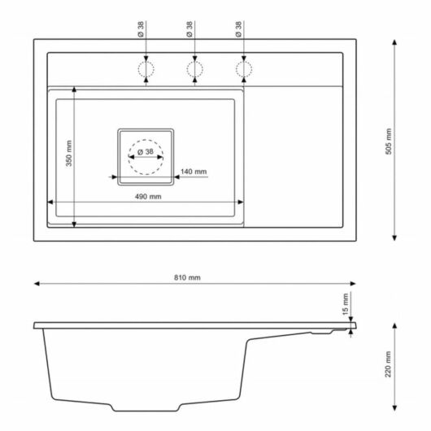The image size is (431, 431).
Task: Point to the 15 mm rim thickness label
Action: point(345,305)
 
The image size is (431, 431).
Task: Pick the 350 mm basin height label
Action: point(69,154)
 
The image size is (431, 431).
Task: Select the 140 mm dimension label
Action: point(194,172)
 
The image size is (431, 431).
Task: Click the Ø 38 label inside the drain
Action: point(146,152)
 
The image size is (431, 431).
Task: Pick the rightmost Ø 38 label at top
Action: point(237,29)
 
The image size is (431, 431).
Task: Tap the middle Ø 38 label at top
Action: point(189,29)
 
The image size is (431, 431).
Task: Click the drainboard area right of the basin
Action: point(297,155)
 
